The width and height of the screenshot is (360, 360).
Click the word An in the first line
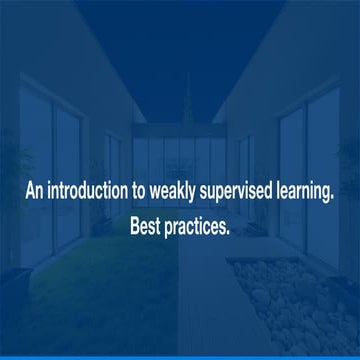pyautogui.click(x=34, y=194)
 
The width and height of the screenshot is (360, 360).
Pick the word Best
pyautogui.click(x=147, y=225)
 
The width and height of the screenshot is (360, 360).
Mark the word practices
pyautogui.click(x=199, y=226)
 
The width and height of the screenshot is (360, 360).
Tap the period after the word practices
pyautogui.click(x=229, y=231)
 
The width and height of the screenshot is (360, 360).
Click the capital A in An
pyautogui.click(x=29, y=194)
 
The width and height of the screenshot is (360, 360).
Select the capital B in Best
pyautogui.click(x=135, y=225)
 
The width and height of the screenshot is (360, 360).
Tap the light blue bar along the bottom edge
pyautogui.click(x=180, y=357)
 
